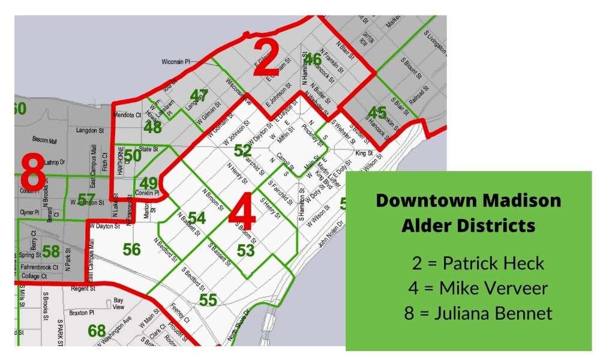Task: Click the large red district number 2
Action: [x=266, y=59]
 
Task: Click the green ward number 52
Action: [x=242, y=151]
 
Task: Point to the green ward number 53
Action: [x=245, y=250]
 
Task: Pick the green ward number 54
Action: [x=197, y=218]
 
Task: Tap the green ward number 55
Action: [x=208, y=299]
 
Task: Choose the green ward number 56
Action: [x=131, y=249]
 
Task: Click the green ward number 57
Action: [x=86, y=198]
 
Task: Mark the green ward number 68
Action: [x=97, y=331]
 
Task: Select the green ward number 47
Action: [x=199, y=95]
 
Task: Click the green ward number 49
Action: [x=148, y=183]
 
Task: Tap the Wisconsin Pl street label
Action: [x=176, y=62]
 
